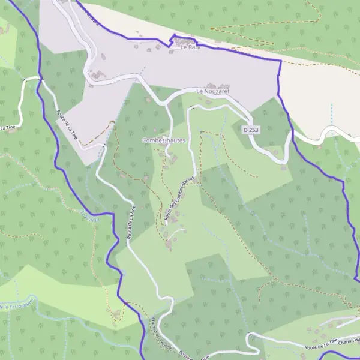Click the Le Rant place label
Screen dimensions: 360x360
click(x=190, y=49)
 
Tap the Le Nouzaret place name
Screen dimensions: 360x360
click(x=213, y=92)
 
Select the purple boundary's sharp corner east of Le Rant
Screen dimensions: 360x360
click(x=280, y=61)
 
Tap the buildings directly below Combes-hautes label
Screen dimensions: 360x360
click(x=171, y=159)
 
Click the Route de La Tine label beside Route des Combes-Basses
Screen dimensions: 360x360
click(x=131, y=221)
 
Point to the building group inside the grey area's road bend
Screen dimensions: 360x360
click(x=96, y=74)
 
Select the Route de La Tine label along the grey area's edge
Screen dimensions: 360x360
click(x=67, y=122)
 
